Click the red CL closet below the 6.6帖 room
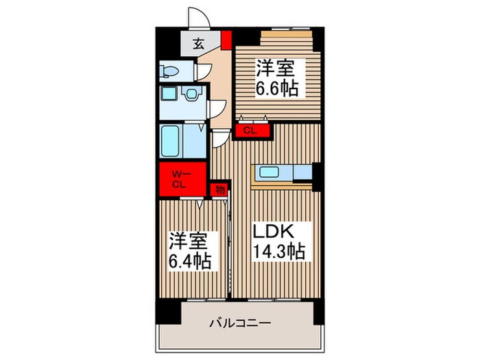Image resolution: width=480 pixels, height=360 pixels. click(248, 130)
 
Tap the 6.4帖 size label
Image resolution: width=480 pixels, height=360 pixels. click(190, 261)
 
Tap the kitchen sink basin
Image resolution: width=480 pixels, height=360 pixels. click(267, 172)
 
